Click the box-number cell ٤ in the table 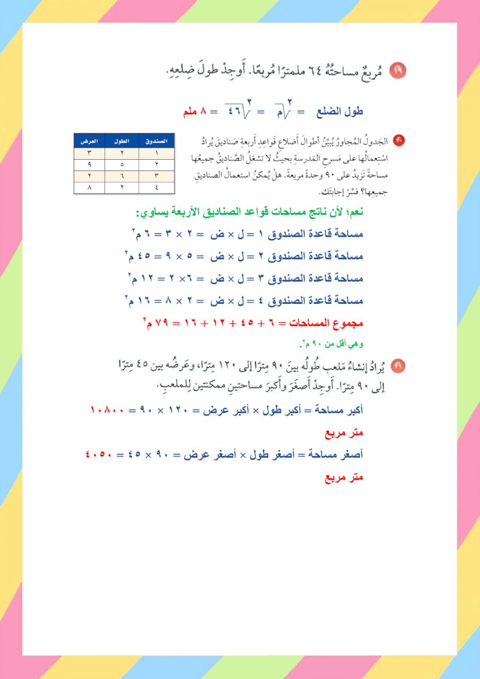tap(157, 187)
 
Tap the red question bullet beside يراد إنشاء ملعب tap(397, 365)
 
